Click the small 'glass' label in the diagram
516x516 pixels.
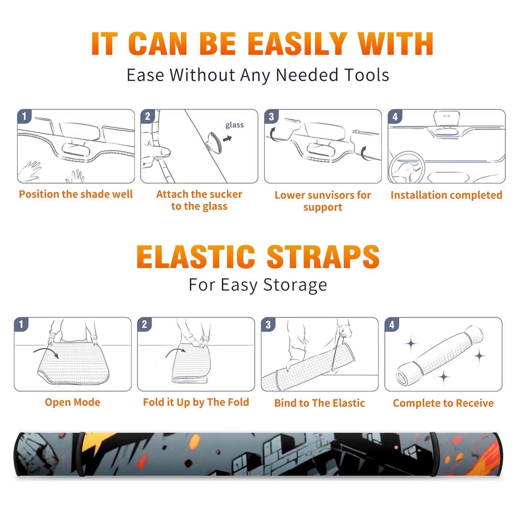click(x=234, y=125)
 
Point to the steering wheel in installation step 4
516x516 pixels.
click(x=407, y=167)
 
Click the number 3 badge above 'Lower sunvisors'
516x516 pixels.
click(x=271, y=117)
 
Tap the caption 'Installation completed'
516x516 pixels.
click(x=446, y=195)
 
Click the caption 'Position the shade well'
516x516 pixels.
click(x=76, y=194)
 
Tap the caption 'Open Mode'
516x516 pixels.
click(x=73, y=402)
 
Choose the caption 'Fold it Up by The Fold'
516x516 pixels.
click(x=196, y=402)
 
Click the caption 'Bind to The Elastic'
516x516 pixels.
click(x=320, y=403)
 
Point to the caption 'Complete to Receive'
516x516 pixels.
click(x=443, y=403)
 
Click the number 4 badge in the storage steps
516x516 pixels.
click(x=392, y=325)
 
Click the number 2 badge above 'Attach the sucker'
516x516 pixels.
click(x=148, y=116)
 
